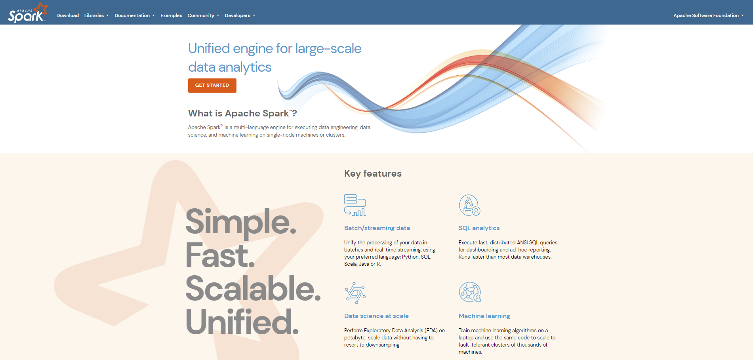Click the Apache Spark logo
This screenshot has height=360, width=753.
(27, 13)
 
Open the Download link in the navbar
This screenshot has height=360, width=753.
(68, 15)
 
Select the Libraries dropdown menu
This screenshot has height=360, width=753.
(96, 15)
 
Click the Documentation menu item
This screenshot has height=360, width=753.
(134, 15)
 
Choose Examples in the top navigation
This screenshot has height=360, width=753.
(171, 15)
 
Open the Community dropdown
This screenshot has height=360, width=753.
(203, 15)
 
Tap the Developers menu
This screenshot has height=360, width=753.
(240, 15)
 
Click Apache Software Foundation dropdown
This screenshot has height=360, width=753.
(708, 15)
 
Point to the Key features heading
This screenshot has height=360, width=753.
(373, 173)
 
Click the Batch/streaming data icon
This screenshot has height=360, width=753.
(355, 205)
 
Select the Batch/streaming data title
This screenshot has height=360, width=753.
(377, 228)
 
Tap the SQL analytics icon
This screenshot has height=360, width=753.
(469, 205)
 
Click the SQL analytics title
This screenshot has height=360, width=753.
(479, 228)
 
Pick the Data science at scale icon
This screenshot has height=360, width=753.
(355, 293)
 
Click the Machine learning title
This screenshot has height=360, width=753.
(484, 316)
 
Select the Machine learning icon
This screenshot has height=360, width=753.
(469, 292)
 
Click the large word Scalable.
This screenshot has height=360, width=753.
(253, 288)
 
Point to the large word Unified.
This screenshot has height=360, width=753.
(242, 322)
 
